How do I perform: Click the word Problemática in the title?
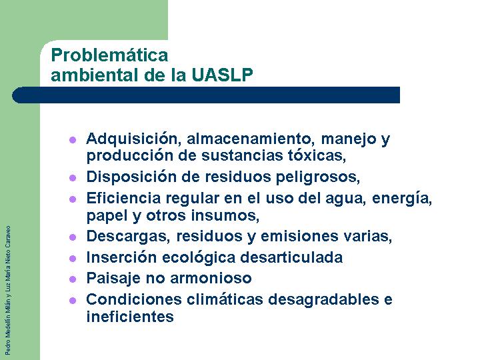pos(109,55)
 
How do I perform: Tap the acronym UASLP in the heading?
pos(223,75)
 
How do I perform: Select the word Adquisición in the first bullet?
pos(132,139)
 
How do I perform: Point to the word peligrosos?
pos(318,177)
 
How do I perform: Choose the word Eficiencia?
pos(124,198)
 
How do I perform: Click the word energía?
pos(402,199)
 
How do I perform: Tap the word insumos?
pos(225,215)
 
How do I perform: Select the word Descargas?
pos(128,237)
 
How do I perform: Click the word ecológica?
pos(199,258)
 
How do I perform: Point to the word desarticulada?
pos(291,257)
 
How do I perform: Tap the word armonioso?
pos(211,278)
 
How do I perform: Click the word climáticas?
pos(225,299)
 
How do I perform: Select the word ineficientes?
pos(130,317)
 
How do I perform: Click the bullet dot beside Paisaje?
pos(73,279)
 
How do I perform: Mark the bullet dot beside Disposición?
pos(73,178)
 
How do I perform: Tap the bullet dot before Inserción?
pos(73,259)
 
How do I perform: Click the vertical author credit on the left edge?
pos(8,291)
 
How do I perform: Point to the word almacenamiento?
pos(251,139)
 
